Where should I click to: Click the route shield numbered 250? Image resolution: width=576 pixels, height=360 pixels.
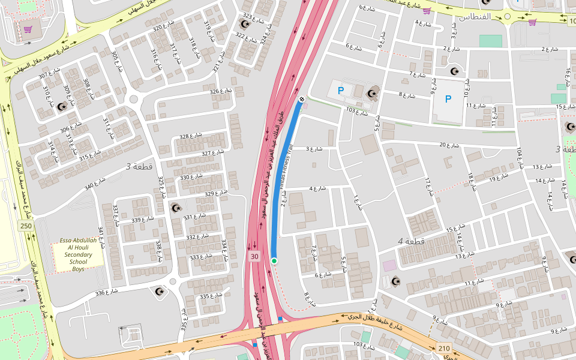click(25, 226)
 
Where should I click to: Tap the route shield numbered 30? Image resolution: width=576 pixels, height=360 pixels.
click(254, 257)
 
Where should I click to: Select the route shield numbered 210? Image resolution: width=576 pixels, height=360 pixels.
click(444, 348)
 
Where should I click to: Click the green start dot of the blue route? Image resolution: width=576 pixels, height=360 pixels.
click(274, 260)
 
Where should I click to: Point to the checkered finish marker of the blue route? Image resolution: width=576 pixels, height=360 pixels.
click(301, 99)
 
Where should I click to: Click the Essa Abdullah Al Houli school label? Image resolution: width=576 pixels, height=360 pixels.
click(78, 255)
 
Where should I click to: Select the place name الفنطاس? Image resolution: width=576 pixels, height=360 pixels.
click(475, 16)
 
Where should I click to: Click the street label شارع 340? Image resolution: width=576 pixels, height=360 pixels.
click(97, 184)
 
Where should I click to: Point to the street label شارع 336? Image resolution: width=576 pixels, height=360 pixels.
click(108, 293)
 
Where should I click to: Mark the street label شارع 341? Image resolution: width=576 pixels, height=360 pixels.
click(101, 238)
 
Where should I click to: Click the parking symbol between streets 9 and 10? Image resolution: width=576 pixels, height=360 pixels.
click(448, 99)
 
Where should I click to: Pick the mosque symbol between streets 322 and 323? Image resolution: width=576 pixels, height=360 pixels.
click(244, 25)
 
